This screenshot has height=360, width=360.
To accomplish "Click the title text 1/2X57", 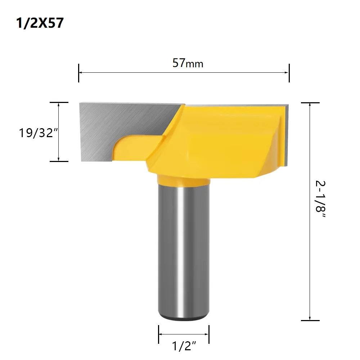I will [x=40, y=23].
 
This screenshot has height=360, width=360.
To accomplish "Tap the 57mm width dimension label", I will [x=188, y=63].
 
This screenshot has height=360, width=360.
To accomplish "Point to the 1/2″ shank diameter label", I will [x=184, y=346].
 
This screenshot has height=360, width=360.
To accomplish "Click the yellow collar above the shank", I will [x=184, y=180].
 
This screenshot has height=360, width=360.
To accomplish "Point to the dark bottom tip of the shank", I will [x=184, y=318].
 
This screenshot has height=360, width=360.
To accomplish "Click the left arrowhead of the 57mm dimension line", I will [x=81, y=72].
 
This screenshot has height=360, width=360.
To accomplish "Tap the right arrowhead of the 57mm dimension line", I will [x=287, y=72].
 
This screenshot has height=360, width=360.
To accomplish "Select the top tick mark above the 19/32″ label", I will [x=59, y=103].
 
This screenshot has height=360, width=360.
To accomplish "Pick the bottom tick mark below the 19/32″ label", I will [x=59, y=161].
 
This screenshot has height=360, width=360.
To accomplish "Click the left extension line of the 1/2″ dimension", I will [x=158, y=334].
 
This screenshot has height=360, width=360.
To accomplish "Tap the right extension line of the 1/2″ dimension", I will [x=209, y=334].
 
